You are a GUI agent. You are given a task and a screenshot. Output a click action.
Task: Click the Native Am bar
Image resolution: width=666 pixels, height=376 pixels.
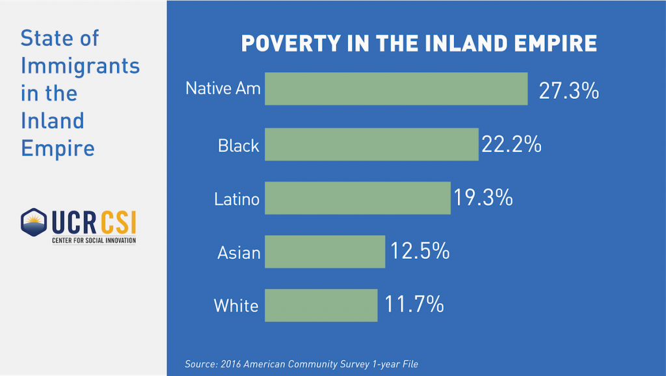[396, 88]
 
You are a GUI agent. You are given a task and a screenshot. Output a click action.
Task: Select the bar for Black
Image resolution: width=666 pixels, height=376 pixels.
[371, 144]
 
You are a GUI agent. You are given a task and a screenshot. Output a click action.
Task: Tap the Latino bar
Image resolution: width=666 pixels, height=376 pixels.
[358, 198]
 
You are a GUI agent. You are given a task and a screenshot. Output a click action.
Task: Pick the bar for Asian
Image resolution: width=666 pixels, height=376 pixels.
[325, 252]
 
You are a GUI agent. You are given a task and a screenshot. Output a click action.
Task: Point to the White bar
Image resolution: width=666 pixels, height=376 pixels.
[321, 306]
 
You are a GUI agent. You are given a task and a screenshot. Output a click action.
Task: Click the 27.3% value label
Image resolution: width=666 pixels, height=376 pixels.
[568, 90]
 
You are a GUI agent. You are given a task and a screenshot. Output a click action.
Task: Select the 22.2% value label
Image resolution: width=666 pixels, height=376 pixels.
[511, 144]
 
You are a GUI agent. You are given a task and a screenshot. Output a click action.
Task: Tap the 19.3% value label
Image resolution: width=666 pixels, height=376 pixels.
[483, 198]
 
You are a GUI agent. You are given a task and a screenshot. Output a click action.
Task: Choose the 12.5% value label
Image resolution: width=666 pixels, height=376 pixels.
[420, 250]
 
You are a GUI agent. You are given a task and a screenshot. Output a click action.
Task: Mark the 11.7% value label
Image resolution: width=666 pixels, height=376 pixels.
[414, 304]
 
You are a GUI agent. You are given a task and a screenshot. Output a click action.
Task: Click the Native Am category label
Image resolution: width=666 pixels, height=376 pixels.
[223, 88]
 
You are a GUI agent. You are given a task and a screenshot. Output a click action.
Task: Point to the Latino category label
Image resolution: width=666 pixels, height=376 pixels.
[237, 199]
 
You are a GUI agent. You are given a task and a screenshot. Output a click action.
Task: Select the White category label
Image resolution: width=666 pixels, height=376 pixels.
[236, 306]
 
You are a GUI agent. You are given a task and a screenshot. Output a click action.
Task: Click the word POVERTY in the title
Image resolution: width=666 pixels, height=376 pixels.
[291, 44]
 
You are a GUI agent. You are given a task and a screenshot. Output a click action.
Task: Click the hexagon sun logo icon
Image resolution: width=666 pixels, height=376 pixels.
[34, 222]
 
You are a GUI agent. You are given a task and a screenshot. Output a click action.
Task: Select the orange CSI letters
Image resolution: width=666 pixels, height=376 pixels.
[118, 222]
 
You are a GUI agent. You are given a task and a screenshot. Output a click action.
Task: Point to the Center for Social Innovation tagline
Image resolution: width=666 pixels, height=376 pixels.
[94, 241]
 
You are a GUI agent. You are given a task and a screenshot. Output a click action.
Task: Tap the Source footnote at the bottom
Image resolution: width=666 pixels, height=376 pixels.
[302, 364]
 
